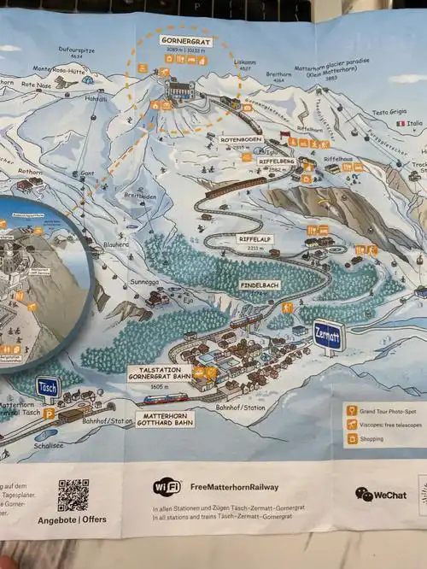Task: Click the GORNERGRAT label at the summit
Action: tap(184, 41)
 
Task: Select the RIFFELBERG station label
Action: tap(277, 161)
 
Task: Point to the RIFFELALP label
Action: tap(255, 239)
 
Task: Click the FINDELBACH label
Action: tap(260, 284)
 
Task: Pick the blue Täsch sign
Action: tap(48, 386)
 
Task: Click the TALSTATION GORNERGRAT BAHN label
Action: tap(159, 373)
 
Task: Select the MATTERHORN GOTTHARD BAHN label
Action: tap(164, 419)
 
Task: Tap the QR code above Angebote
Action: tap(73, 495)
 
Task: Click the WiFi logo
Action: tap(167, 487)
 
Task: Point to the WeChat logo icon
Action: tap(364, 495)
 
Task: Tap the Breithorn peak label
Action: tap(278, 73)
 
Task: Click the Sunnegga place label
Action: tap(146, 279)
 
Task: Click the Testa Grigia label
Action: tap(389, 112)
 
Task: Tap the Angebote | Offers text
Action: tap(72, 520)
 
